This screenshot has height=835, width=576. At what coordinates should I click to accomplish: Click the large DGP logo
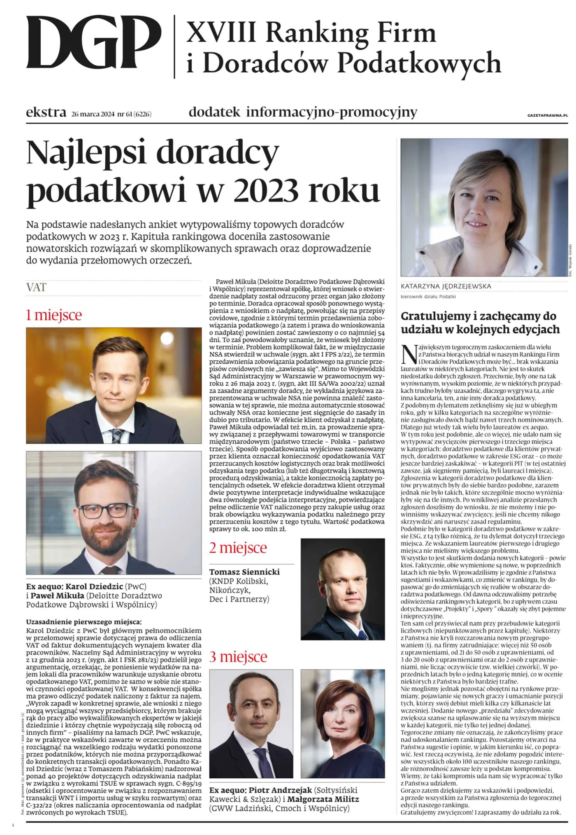tap(94, 43)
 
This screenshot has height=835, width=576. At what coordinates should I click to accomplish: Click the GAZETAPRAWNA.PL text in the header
tap(547, 115)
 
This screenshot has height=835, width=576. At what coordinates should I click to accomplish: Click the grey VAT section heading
tap(36, 287)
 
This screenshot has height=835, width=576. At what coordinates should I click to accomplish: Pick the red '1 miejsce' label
tap(54, 315)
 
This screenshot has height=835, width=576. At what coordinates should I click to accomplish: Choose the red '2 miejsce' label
tap(238, 548)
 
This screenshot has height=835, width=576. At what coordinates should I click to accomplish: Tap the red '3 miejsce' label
tap(238, 657)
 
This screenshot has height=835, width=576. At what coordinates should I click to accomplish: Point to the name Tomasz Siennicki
tap(244, 572)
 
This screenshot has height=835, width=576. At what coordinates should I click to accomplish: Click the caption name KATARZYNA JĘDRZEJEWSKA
tap(446, 286)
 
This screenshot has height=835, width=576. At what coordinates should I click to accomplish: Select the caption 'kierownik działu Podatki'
tap(428, 296)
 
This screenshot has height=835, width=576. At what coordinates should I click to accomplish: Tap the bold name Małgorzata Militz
tap(323, 799)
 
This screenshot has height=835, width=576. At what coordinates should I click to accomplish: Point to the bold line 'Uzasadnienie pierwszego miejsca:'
tap(84, 622)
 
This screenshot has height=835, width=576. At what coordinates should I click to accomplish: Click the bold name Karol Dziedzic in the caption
tap(94, 586)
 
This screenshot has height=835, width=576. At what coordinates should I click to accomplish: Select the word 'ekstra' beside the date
tap(46, 113)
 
